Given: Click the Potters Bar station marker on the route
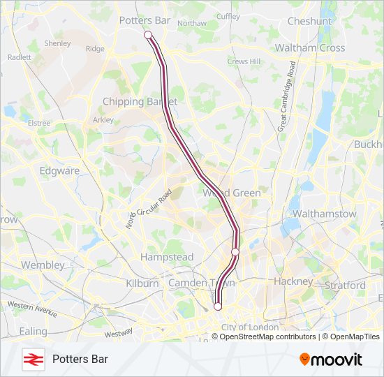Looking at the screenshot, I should [x=148, y=35].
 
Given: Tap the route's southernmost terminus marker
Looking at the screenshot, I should [x=218, y=306].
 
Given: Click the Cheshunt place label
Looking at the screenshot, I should [x=309, y=22].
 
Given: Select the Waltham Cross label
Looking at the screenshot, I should [x=310, y=48].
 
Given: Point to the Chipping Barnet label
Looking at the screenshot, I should [x=140, y=101].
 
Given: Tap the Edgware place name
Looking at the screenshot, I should [x=59, y=170].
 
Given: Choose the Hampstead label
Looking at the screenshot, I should [x=167, y=257].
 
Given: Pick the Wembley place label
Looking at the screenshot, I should [x=43, y=265].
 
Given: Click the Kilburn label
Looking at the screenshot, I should [x=143, y=283].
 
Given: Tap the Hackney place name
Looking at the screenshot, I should [x=294, y=281].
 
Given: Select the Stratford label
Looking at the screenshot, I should [x=345, y=286].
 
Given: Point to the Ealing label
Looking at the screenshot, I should [x=34, y=331].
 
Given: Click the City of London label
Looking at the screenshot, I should [x=249, y=327].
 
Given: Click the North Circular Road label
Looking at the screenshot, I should [x=149, y=209].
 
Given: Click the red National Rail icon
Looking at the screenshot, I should [x=31, y=360].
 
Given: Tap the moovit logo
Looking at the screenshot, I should [x=331, y=360].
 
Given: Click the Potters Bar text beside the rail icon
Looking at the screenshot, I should [x=80, y=360].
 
